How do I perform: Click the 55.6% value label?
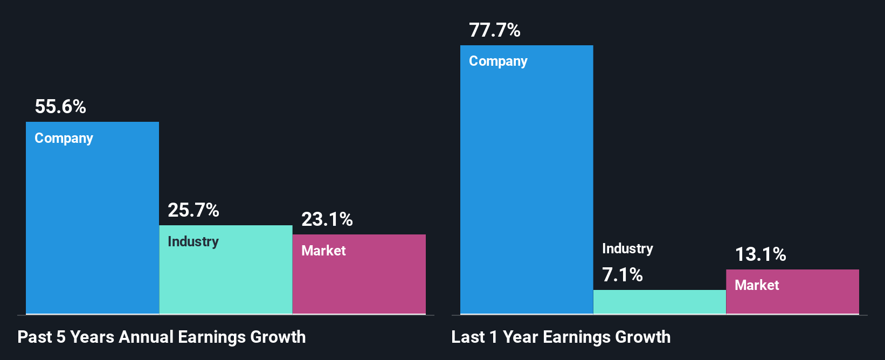(x=60, y=107)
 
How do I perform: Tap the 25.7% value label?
(x=193, y=210)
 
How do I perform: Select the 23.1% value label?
(x=327, y=219)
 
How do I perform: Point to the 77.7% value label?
(x=494, y=30)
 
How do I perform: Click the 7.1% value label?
(x=622, y=275)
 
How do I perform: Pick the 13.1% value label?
(x=760, y=254)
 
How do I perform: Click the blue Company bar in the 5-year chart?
(x=92, y=226)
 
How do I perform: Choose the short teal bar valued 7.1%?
(x=659, y=302)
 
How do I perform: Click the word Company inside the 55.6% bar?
(x=64, y=139)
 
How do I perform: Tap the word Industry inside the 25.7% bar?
(x=193, y=241)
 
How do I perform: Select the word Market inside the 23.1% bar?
(x=323, y=251)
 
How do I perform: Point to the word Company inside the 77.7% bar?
(x=498, y=61)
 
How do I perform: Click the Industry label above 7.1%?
(x=627, y=248)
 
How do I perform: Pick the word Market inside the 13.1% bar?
(x=757, y=285)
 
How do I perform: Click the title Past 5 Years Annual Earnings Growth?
(x=162, y=337)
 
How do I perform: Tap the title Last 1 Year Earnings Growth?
(x=561, y=337)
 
